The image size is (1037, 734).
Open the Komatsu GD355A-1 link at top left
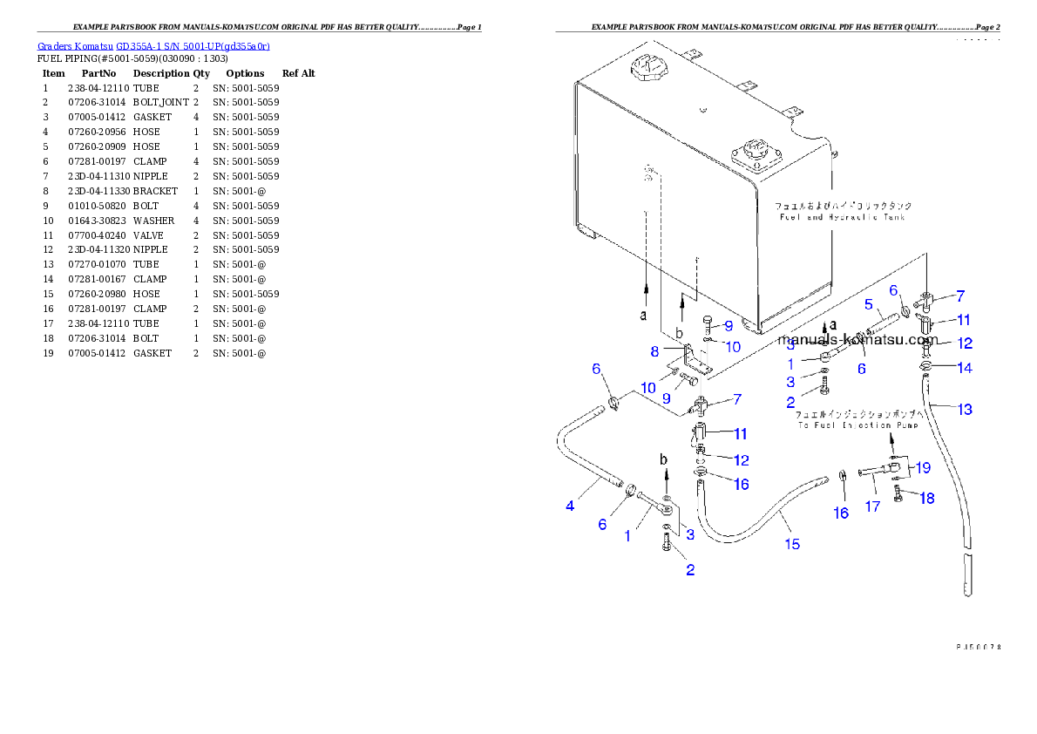pos(153,45)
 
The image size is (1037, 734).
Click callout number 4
pos(570,505)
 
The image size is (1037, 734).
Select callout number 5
pos(869,304)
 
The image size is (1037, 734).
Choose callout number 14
pos(964,368)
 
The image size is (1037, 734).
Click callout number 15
pos(791,544)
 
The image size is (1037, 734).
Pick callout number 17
pos(872,506)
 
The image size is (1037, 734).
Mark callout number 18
pos(926,499)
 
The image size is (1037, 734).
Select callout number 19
pos(923,467)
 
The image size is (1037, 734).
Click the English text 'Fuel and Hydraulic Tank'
pos(842,217)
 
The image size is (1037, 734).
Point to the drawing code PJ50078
pos(977,647)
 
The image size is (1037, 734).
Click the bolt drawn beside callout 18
pos(899,496)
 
